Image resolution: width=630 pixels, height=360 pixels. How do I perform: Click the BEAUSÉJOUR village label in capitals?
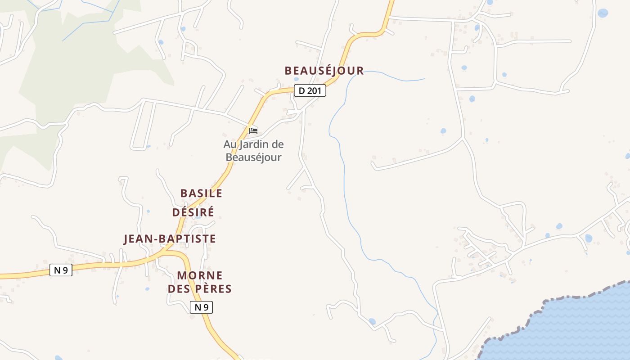click(324, 71)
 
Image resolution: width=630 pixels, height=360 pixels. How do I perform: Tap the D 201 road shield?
click(310, 90)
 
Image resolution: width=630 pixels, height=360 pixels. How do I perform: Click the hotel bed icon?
click(253, 131)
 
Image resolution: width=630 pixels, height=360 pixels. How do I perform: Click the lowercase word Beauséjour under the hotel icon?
click(253, 157)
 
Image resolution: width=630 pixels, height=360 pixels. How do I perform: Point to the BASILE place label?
click(201, 193)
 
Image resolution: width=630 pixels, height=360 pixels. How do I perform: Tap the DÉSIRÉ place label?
click(193, 212)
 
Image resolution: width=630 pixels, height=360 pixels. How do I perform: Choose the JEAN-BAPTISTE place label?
click(170, 238)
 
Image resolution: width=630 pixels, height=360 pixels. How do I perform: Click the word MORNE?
click(200, 275)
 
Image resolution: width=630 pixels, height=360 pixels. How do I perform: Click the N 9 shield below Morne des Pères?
click(201, 307)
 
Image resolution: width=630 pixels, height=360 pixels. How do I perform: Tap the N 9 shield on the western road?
click(61, 270)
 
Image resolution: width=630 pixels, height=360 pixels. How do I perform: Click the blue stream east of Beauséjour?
click(344, 180)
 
